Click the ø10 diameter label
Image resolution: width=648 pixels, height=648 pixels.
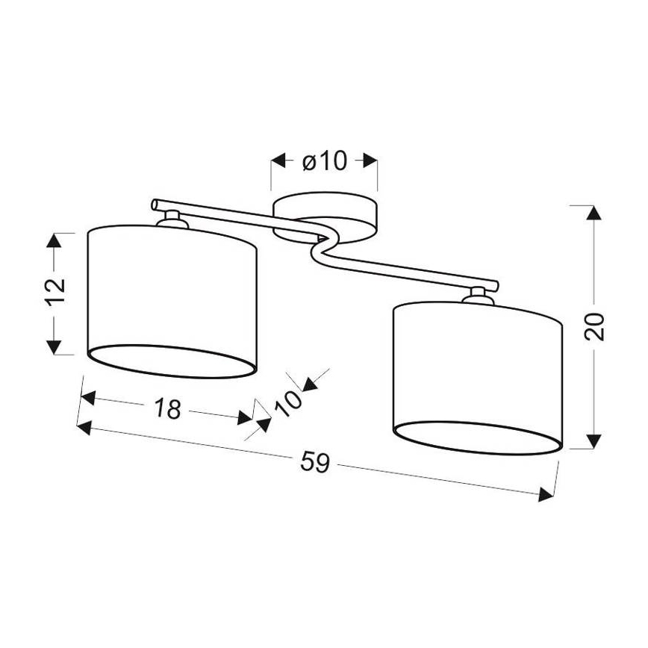tap(325, 161)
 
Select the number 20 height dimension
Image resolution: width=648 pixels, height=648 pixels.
tap(594, 325)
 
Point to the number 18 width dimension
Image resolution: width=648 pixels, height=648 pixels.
tap(168, 408)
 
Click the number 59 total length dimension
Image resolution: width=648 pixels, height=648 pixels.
tap(315, 463)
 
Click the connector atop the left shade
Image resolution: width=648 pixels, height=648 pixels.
tap(171, 219)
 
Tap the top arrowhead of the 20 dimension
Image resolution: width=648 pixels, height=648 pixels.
tap(594, 212)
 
